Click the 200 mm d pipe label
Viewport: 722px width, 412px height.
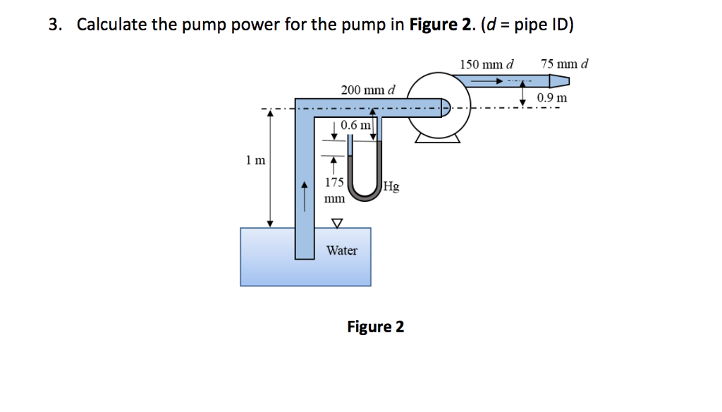(368, 90)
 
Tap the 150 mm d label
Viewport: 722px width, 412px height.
(487, 64)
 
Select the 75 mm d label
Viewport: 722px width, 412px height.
(564, 64)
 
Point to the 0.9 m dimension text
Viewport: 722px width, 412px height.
(551, 97)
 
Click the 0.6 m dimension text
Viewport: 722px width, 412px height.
(355, 125)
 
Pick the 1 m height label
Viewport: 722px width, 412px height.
(256, 160)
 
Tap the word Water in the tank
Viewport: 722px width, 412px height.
(341, 250)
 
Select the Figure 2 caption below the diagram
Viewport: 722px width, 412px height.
(375, 327)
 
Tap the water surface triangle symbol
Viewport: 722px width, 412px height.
(336, 223)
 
